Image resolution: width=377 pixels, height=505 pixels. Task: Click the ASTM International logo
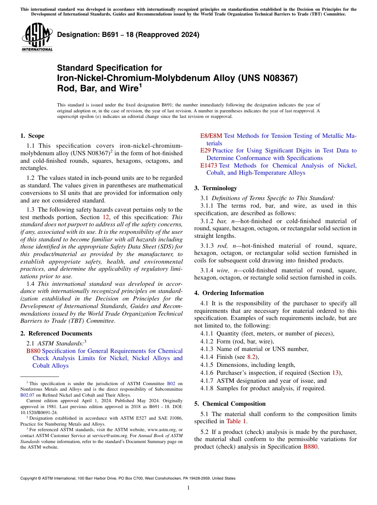click(37, 37)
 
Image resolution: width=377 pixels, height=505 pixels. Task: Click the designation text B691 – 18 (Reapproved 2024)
click(128, 35)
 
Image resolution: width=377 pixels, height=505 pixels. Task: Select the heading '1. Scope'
click(32, 136)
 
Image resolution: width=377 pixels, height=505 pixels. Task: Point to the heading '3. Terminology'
click(215, 188)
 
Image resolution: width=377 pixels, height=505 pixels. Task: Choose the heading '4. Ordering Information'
click(229, 293)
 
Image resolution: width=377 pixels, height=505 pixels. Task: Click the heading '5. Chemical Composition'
click(230, 404)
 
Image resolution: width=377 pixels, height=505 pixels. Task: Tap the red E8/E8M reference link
click(211, 136)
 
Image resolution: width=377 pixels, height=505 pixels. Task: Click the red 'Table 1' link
click(236, 421)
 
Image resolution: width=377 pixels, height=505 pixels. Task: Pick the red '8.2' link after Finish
click(251, 357)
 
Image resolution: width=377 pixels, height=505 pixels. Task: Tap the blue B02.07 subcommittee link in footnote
click(27, 395)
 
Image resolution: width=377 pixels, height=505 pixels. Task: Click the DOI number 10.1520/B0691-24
click(38, 411)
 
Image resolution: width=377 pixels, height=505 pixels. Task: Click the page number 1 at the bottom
click(188, 488)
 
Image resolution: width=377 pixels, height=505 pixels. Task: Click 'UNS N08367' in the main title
click(268, 78)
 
